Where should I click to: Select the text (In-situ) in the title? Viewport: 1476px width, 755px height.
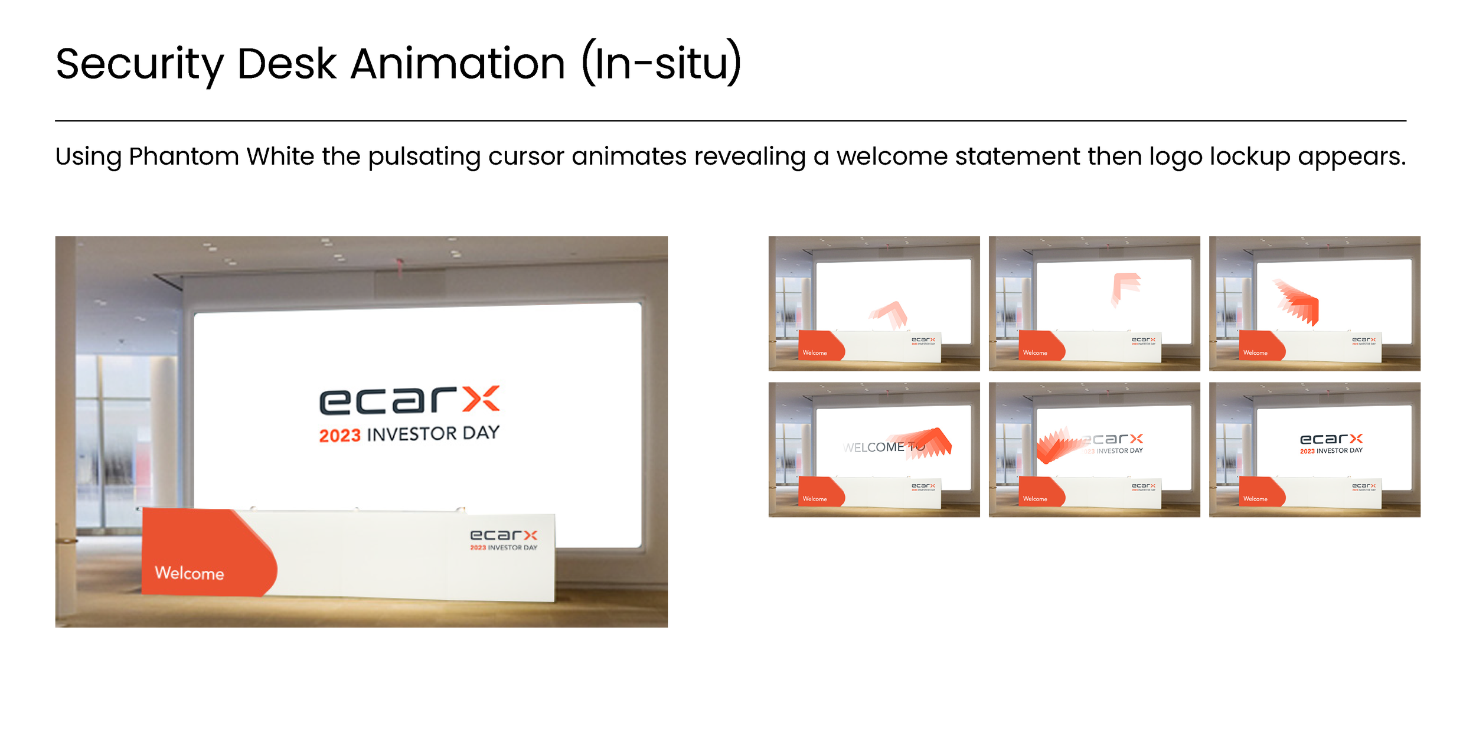[x=661, y=63]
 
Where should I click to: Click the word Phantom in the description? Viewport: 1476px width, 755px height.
[x=184, y=156]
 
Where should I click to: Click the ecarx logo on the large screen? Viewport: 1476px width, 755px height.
[x=409, y=401]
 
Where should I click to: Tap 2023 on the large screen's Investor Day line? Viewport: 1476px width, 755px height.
[x=339, y=436]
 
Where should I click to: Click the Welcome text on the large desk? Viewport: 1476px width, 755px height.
[x=189, y=573]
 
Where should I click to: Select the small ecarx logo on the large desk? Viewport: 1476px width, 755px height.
[x=504, y=535]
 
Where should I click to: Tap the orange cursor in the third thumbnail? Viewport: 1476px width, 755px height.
[x=1299, y=302]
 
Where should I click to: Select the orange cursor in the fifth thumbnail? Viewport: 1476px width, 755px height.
[x=1060, y=446]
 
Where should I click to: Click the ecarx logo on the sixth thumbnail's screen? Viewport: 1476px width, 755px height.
[x=1331, y=439]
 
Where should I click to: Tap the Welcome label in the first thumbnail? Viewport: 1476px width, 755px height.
[x=814, y=353]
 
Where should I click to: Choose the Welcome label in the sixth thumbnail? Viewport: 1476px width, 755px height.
[x=1255, y=499]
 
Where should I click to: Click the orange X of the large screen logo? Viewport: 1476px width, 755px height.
[x=481, y=399]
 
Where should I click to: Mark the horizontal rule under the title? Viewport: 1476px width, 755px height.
[x=730, y=120]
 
